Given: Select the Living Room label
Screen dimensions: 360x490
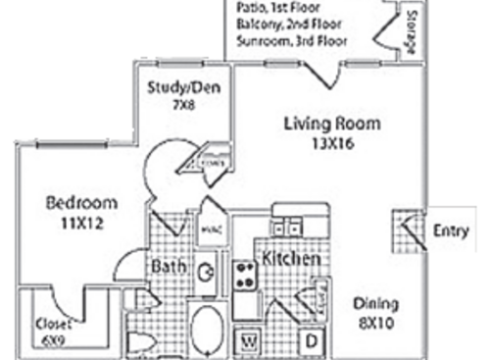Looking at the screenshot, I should (331, 124).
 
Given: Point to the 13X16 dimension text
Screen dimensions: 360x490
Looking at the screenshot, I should (331, 141).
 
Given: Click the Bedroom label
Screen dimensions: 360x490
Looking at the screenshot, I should (82, 204).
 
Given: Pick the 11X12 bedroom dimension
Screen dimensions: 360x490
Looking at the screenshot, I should (82, 223).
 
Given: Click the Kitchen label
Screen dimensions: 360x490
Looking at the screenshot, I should (291, 260).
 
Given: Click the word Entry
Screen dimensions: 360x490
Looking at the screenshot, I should (452, 231).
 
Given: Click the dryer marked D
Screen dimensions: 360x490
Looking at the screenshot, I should (310, 341).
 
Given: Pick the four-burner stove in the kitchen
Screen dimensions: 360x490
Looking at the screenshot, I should (244, 274).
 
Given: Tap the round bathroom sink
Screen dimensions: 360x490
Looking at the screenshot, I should (207, 274).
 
